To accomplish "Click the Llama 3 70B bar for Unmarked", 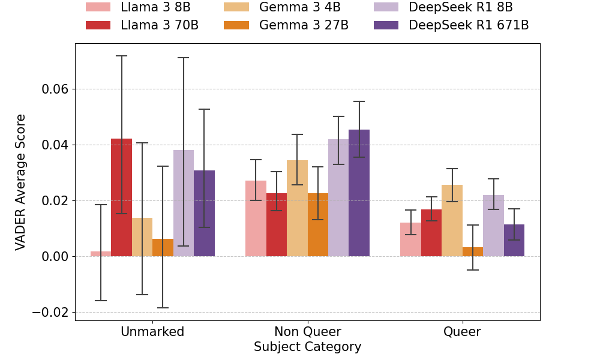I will (121, 197).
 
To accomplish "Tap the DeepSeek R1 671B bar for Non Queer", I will (359, 193).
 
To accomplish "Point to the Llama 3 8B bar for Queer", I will (410, 239).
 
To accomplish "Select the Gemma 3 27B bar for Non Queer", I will (318, 224).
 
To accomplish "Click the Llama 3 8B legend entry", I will (138, 8).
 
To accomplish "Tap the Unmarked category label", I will (152, 332).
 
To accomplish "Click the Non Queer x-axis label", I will (307, 332).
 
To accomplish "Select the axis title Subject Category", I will (307, 347).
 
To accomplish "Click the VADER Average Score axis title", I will (21, 182).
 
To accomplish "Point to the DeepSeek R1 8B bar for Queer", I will (493, 226).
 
